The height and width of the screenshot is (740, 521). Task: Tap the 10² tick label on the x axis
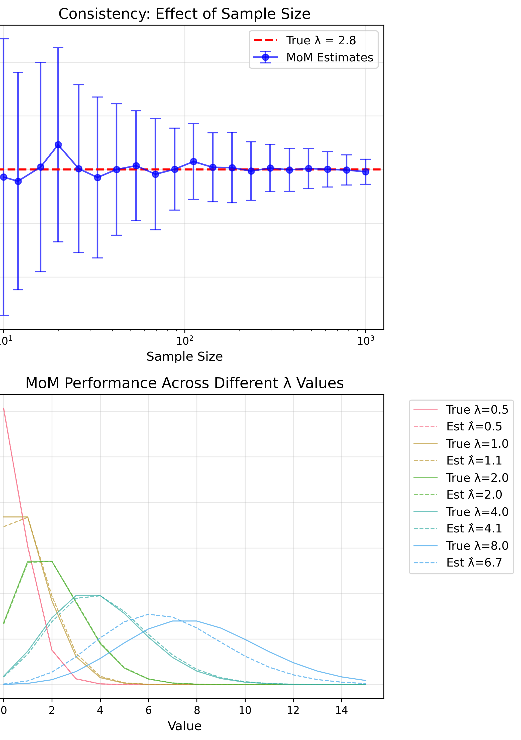[x=185, y=340]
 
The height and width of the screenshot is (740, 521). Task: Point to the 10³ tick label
[x=365, y=340]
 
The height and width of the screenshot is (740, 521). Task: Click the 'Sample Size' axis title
[x=184, y=356]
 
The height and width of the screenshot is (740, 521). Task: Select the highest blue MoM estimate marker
[x=58, y=145]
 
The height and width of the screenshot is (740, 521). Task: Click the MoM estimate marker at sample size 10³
[x=365, y=172]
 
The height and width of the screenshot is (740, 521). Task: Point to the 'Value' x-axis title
[x=184, y=726]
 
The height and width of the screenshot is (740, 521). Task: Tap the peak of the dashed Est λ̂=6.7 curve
[x=149, y=614]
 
